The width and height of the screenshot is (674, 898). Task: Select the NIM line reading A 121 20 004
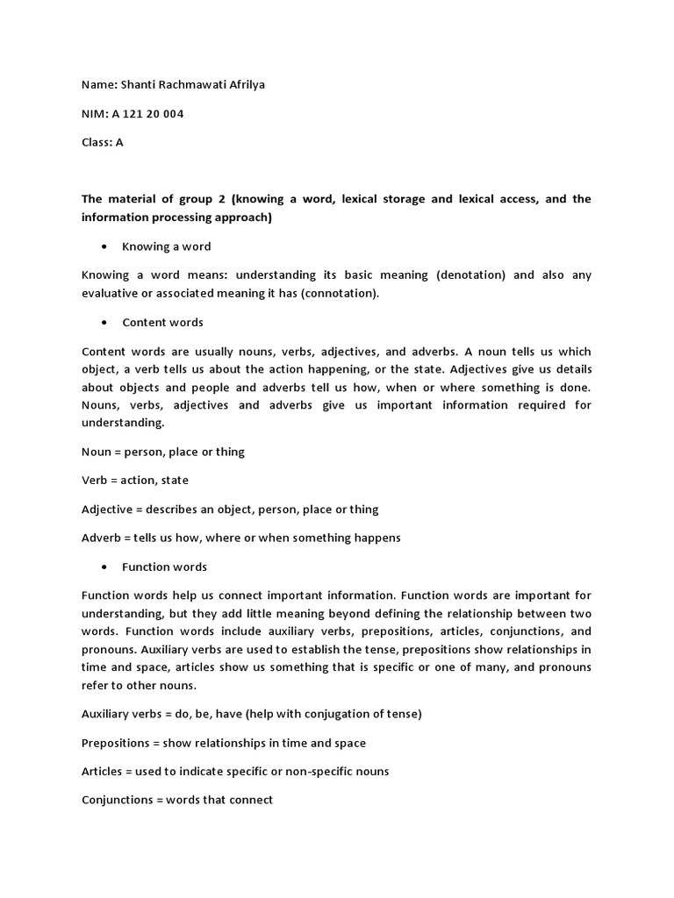click(x=133, y=113)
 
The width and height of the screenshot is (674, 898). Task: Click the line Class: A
click(x=103, y=142)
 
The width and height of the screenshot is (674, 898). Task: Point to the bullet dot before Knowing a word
click(x=105, y=246)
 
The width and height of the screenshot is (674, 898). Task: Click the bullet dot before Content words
click(x=105, y=323)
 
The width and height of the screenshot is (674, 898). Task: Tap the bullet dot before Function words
click(x=105, y=567)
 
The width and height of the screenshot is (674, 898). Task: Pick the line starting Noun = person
click(x=163, y=452)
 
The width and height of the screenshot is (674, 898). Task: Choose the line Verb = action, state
click(x=135, y=481)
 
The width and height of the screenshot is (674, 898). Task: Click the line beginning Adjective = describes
click(x=230, y=510)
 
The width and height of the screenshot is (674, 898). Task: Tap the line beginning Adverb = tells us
click(x=241, y=538)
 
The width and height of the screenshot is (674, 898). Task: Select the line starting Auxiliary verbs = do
click(x=252, y=714)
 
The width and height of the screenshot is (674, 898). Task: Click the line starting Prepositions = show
click(x=224, y=743)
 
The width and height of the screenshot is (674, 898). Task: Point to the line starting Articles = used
click(x=235, y=772)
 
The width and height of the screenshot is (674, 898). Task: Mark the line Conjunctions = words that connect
click(x=177, y=800)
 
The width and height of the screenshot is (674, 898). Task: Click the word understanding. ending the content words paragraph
click(x=123, y=423)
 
